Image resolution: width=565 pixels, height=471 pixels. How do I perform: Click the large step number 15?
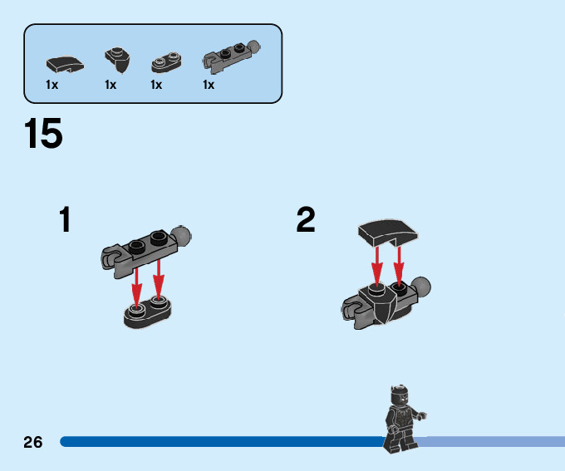pyautogui.click(x=44, y=135)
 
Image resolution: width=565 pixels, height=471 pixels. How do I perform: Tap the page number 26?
pyautogui.click(x=33, y=441)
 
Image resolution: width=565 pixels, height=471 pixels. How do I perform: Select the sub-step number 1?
pyautogui.click(x=65, y=220)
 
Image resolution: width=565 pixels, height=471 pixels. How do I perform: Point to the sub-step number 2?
pyautogui.click(x=306, y=220)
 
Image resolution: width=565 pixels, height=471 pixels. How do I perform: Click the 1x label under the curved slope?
pyautogui.click(x=52, y=85)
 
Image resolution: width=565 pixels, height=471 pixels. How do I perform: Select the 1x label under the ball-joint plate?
pyautogui.click(x=208, y=85)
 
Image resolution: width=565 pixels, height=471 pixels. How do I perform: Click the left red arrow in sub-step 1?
pyautogui.click(x=138, y=283)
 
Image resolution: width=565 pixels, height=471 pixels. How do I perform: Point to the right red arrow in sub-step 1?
pyautogui.click(x=159, y=280)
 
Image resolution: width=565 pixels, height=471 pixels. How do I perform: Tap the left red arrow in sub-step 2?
pyautogui.click(x=376, y=264)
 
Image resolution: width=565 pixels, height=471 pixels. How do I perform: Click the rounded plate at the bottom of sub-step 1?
pyautogui.click(x=148, y=312)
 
